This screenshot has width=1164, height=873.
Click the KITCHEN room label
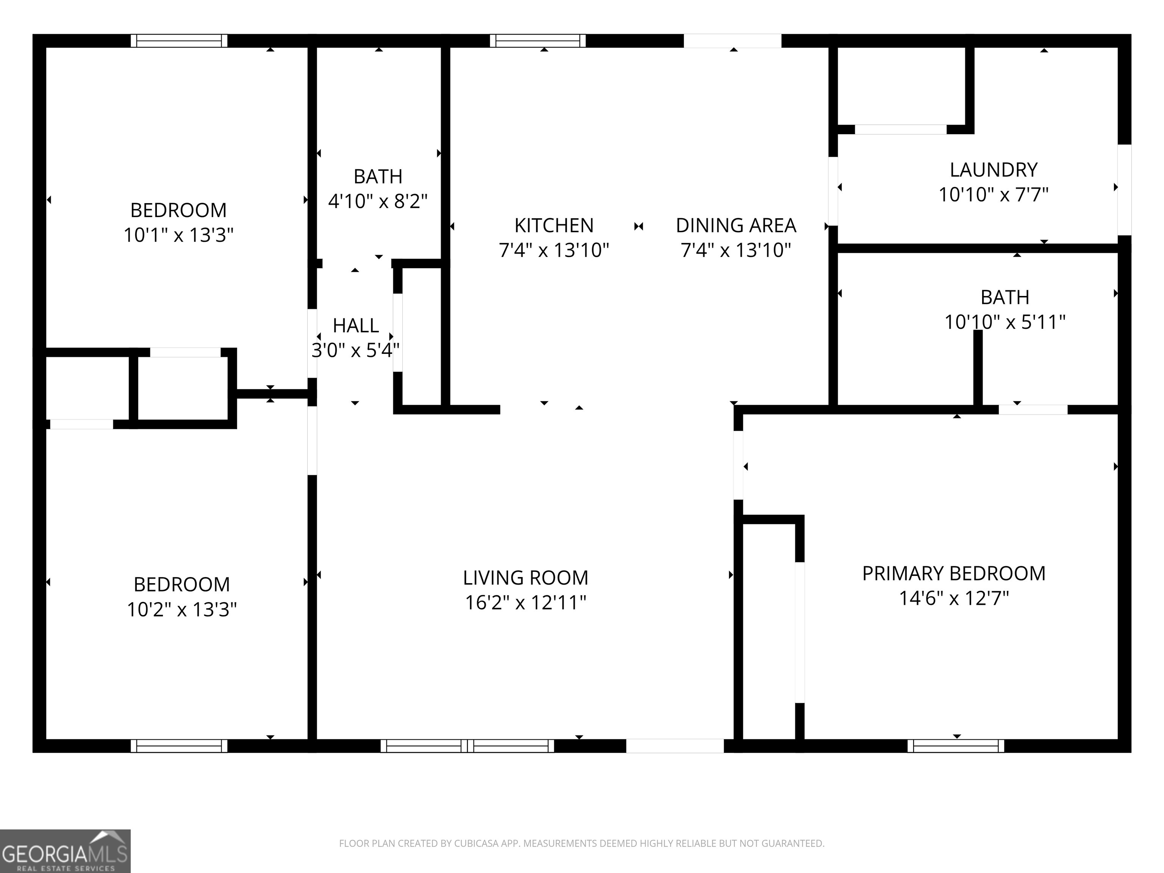[554, 225]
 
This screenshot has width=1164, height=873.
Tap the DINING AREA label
[736, 225]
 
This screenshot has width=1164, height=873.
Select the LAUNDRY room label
[993, 170]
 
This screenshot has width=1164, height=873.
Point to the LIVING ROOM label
[525, 578]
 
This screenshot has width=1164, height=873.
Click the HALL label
[356, 326]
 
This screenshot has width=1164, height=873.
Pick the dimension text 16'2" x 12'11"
[525, 602]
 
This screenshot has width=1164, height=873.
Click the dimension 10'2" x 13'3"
[181, 609]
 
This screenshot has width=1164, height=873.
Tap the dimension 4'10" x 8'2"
[378, 201]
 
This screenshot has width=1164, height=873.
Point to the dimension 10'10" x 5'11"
[1004, 322]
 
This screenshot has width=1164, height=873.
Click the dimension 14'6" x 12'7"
[953, 598]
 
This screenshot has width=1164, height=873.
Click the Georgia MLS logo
[65, 851]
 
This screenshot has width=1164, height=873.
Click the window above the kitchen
[537, 41]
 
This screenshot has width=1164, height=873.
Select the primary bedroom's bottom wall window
[956, 746]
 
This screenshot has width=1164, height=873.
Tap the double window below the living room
[467, 746]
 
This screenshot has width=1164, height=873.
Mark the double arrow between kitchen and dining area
[638, 226]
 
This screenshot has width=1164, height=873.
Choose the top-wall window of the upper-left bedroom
[179, 41]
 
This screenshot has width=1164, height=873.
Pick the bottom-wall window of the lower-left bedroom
[179, 746]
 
